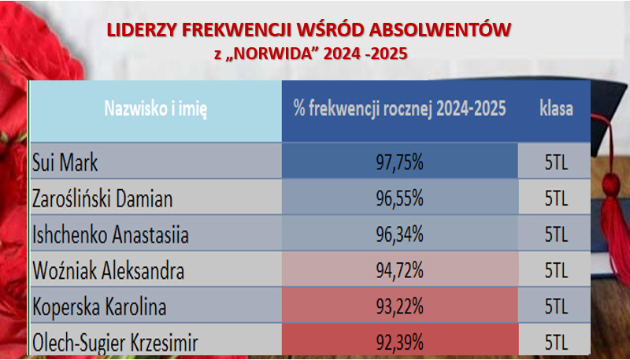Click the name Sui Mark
point(65,163)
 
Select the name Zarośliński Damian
point(102,199)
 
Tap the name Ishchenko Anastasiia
point(110,235)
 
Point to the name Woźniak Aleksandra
point(108,271)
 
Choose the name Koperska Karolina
point(99,307)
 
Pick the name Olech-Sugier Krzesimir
point(115,343)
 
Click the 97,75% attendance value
point(400,163)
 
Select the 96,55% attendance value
point(400,199)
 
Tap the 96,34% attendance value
point(400,235)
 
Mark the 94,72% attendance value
point(400,271)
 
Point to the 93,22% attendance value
point(400,307)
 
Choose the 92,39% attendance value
point(400,343)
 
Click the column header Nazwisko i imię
point(156,109)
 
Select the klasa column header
point(557,109)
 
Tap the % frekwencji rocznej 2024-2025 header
point(400,109)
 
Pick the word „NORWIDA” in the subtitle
point(271,54)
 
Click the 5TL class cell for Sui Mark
point(557,163)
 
